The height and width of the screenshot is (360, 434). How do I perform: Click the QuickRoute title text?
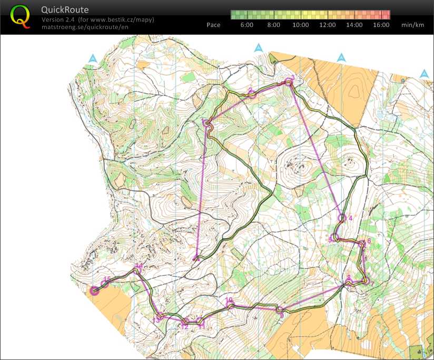[65, 10]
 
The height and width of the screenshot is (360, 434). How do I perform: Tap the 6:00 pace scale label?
[246, 25]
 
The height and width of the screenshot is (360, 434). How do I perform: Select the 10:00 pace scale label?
[300, 25]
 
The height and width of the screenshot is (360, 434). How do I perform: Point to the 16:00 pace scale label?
[381, 25]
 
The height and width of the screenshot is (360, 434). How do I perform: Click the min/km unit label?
[412, 25]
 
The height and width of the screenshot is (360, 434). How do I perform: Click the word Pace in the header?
[213, 25]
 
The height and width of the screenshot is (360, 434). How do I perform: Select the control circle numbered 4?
[342, 217]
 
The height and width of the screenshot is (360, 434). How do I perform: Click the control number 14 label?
[139, 266]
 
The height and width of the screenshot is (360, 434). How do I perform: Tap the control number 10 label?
[229, 300]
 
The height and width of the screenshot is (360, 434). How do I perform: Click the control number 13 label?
[156, 320]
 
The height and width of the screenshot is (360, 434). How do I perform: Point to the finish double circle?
[95, 290]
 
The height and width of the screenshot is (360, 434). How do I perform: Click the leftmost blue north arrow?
[93, 59]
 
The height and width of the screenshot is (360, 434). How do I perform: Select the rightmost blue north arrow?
[424, 74]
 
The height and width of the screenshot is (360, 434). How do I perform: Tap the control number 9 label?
[282, 315]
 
